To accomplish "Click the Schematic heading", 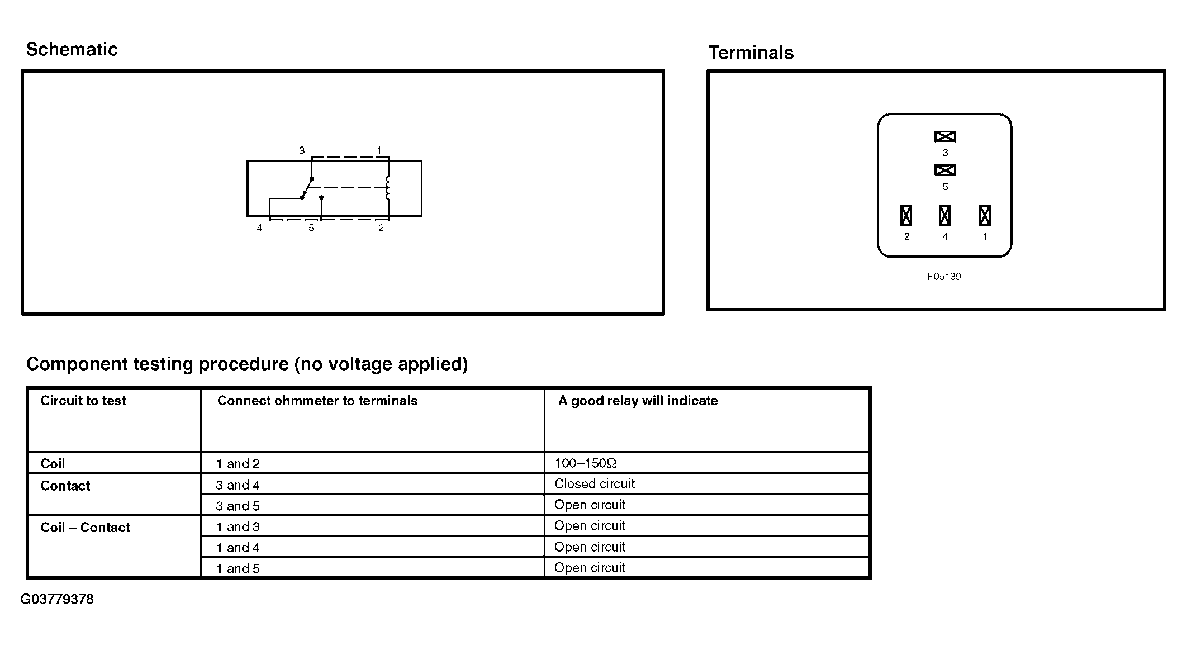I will (72, 50).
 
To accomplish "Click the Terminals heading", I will (751, 53).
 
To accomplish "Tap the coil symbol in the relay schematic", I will (387, 188).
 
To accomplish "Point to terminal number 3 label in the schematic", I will (302, 150).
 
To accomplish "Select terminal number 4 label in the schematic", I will (259, 228).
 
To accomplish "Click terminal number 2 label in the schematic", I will (381, 228).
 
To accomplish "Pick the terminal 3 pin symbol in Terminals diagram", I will (945, 136).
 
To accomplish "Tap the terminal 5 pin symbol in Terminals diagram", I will (945, 170).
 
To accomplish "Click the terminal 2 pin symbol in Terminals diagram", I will (906, 215).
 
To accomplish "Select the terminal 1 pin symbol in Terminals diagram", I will (985, 215).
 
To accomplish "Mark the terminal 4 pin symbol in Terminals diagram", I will (945, 215).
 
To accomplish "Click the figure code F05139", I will (944, 277).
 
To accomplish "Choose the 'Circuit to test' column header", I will (83, 401).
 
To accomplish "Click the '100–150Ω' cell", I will (585, 463).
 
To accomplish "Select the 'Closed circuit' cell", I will (595, 484).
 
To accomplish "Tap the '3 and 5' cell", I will (238, 506).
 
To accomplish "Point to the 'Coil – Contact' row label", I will (85, 528).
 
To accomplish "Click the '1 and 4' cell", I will (238, 548).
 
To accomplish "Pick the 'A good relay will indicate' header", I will (638, 401).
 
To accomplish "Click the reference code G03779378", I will (57, 599).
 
